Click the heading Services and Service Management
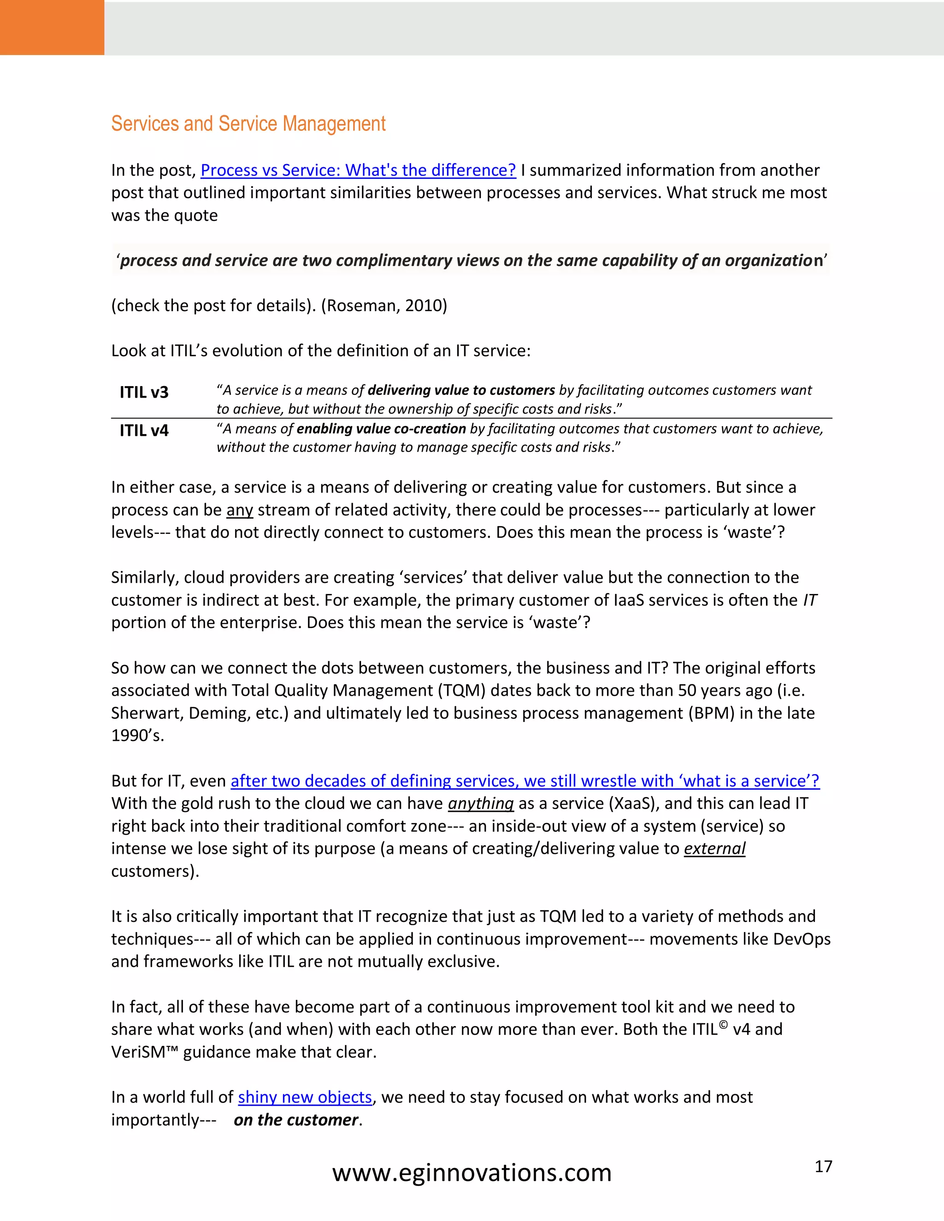coord(248,123)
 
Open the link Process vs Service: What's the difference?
coord(358,170)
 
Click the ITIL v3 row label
coord(144,392)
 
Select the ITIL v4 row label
coord(144,430)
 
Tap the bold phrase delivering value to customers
coord(461,390)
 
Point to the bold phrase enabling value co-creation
coord(381,429)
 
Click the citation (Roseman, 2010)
coord(384,306)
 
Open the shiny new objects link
coord(305,1098)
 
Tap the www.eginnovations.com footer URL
coord(472,1173)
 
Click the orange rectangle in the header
coord(52,27)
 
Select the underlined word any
coord(239,510)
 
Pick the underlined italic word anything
coord(480,804)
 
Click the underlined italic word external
coord(714,849)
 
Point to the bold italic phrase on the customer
coord(296,1121)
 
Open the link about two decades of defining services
coord(525,781)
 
